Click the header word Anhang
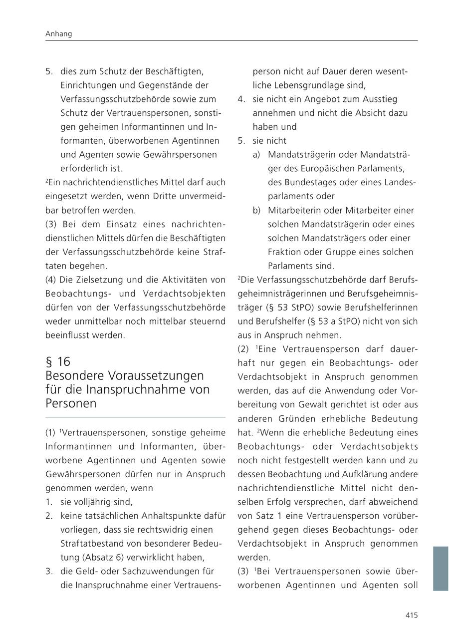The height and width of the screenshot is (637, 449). pos(58,34)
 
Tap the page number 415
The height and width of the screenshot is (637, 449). pos(411,616)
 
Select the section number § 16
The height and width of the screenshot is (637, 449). pos(58,361)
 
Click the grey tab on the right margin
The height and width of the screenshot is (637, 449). pos(441,569)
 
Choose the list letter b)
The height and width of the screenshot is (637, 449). pos(256,210)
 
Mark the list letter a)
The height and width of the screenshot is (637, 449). pos(256,155)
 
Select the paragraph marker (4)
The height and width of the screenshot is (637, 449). pos(51,279)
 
